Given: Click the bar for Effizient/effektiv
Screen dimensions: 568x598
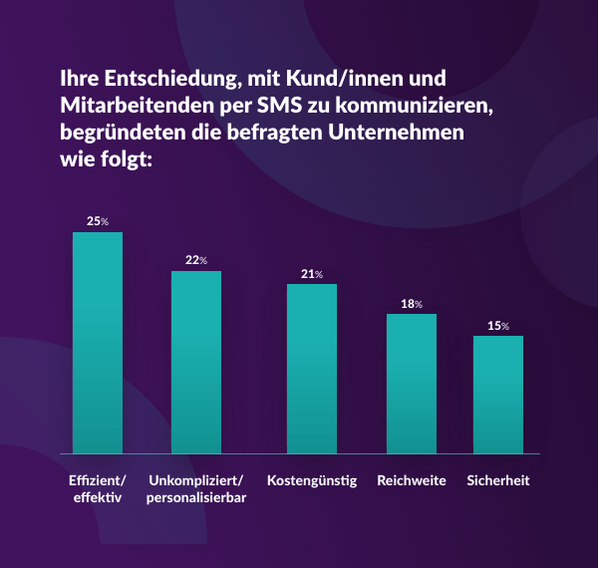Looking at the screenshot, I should point(98,343).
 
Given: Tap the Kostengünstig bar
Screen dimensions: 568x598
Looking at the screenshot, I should point(312,369).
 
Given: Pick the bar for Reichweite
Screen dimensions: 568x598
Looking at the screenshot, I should point(412,384).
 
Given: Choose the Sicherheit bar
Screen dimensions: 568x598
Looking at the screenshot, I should point(498,395).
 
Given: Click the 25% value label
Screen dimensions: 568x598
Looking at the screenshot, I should point(98,221).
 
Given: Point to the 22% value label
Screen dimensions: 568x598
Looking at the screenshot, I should point(196,260).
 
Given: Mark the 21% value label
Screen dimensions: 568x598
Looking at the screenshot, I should point(312,273).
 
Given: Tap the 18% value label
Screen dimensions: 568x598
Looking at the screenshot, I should point(412,303).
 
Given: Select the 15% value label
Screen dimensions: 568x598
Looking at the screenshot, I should point(498,325).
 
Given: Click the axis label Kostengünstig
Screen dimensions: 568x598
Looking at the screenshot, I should point(312,480).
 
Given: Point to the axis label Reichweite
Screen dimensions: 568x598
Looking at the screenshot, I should point(412,480).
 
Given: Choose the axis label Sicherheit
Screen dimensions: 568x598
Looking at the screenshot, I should point(498,480).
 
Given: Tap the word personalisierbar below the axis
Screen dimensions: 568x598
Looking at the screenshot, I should point(196,498).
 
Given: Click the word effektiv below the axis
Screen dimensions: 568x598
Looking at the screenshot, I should point(98,498).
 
